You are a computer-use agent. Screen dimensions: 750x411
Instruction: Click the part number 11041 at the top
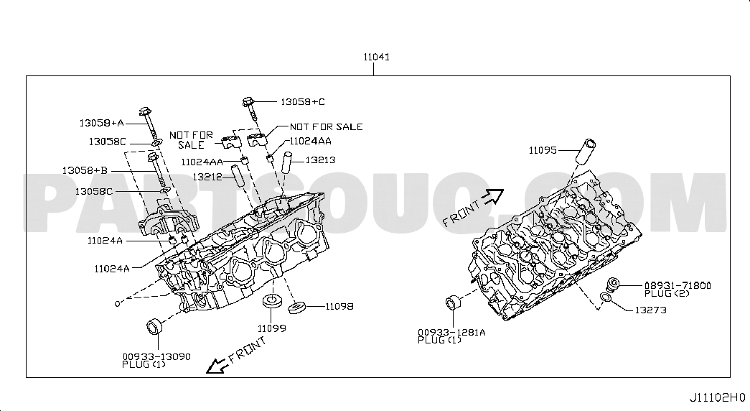[376, 57]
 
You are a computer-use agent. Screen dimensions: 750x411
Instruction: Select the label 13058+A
[101, 123]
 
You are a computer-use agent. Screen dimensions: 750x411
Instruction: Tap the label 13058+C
[303, 102]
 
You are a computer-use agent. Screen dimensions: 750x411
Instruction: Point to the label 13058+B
[85, 170]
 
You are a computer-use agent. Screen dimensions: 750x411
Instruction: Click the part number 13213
[321, 160]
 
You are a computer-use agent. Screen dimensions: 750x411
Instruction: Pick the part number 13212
[207, 177]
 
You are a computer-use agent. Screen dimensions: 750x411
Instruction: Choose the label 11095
[543, 150]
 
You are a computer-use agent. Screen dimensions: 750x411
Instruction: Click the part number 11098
[339, 307]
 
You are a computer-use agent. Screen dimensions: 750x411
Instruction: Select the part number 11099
[272, 328]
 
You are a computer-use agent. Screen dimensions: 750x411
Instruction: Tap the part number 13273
[650, 310]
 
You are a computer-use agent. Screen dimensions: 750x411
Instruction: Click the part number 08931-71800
[678, 285]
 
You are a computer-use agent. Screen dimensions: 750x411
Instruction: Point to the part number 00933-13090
[156, 357]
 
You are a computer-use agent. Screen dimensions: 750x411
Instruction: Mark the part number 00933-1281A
[451, 333]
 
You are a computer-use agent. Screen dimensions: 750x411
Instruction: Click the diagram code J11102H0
[717, 397]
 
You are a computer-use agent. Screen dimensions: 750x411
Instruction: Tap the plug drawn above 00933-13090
[154, 327]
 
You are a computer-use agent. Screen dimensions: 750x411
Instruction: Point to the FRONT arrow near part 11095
[493, 196]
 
